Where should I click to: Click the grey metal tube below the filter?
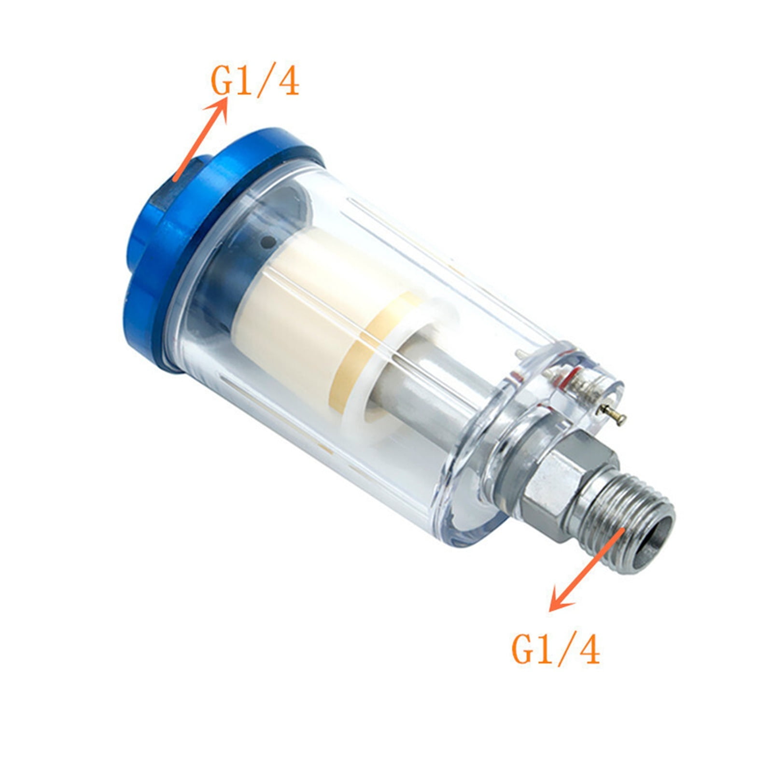(x=425, y=401)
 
